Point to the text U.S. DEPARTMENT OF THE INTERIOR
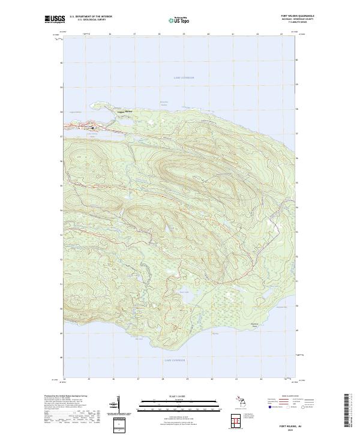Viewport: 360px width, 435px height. [x=91, y=17]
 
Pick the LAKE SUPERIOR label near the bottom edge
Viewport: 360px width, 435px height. [x=175, y=361]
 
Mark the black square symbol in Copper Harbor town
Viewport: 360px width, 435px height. [x=92, y=127]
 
